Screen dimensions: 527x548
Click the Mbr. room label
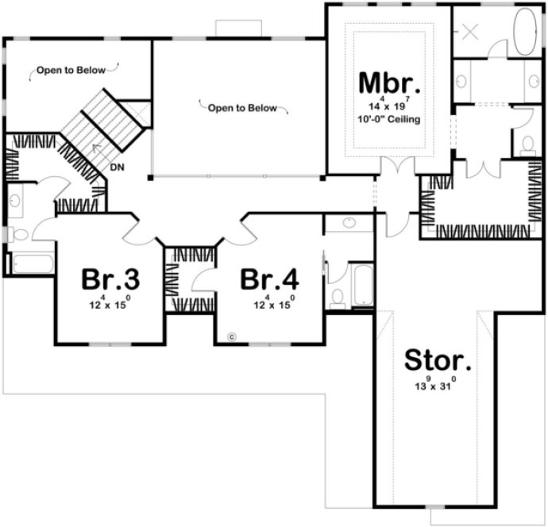click(388, 83)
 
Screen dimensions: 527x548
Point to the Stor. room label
click(438, 360)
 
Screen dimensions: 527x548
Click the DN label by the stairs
click(117, 167)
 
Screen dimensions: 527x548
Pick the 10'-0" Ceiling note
click(388, 119)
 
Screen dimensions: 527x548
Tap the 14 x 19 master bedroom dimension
click(388, 105)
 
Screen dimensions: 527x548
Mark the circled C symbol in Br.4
click(232, 336)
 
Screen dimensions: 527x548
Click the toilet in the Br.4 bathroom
click(337, 297)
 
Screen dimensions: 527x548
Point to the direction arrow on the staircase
click(95, 148)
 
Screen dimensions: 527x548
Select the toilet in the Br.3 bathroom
click(18, 234)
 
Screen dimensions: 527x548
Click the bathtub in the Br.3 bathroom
click(30, 263)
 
